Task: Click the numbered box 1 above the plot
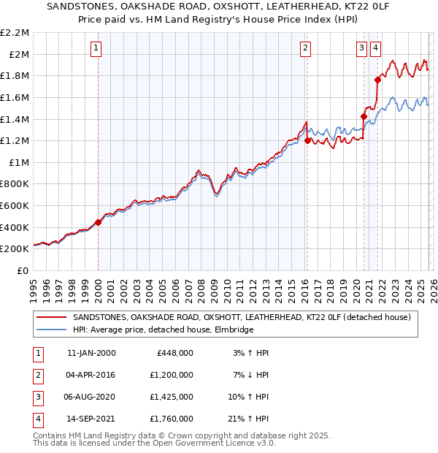[x=96, y=49]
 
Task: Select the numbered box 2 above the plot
[x=304, y=49]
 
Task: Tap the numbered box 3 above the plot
[x=361, y=49]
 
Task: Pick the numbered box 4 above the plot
[x=375, y=49]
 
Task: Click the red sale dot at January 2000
[x=99, y=223]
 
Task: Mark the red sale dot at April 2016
[x=307, y=140]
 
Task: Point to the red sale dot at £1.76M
[x=377, y=80]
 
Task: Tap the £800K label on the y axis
[x=16, y=184]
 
